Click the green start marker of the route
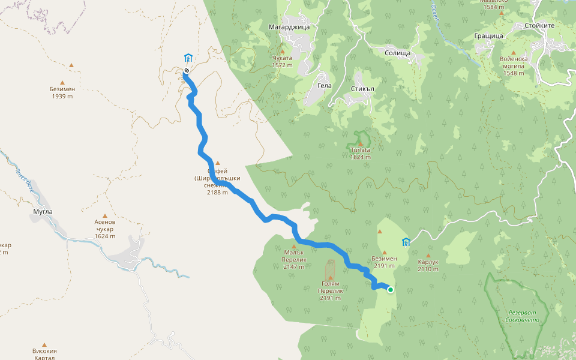tap(391, 290)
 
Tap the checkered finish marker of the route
tap(187, 71)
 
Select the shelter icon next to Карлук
tap(406, 242)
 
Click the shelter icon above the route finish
tap(188, 58)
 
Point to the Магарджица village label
tap(290, 26)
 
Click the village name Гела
tap(324, 85)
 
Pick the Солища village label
tap(397, 53)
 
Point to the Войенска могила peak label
tap(513, 66)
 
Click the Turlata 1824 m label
tap(360, 154)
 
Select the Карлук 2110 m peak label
tap(428, 265)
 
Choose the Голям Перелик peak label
tap(330, 290)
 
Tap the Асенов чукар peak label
tap(105, 229)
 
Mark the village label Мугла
tap(43, 211)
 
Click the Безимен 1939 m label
tap(62, 92)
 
